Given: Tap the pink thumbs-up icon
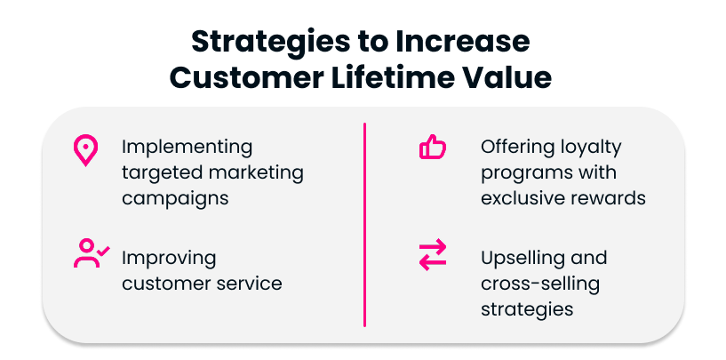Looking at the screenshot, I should pyautogui.click(x=432, y=148).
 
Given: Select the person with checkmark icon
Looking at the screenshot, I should pyautogui.click(x=90, y=253).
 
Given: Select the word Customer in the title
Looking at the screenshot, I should pyautogui.click(x=245, y=78).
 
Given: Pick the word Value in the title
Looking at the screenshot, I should pyautogui.click(x=510, y=78).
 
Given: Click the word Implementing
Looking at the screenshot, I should pyautogui.click(x=187, y=147).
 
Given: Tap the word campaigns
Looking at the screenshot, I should pyautogui.click(x=175, y=197).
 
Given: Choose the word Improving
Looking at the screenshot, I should pyautogui.click(x=169, y=259).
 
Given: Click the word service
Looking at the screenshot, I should pyautogui.click(x=252, y=284).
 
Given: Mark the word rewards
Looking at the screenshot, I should pyautogui.click(x=610, y=197).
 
